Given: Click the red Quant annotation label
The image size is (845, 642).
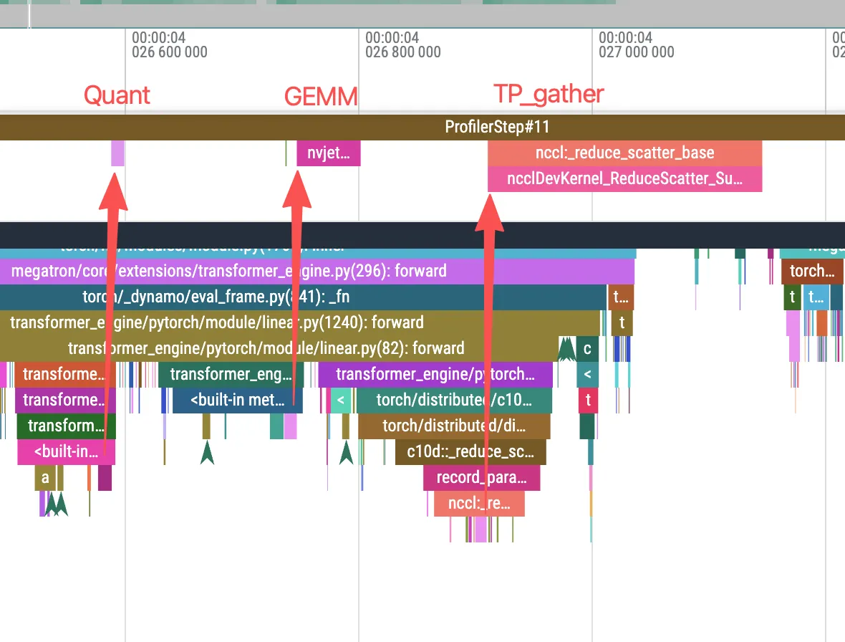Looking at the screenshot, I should coord(117,95).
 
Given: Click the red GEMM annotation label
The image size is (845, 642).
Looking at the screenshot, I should coord(320,97).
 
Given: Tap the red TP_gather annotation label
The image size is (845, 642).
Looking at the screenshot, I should coord(549,94).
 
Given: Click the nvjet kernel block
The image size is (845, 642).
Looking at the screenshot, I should coord(329,153).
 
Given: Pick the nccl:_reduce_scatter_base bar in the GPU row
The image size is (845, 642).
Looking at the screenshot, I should coord(624,153).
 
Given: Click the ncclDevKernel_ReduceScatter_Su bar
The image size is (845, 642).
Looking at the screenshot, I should coord(624,179).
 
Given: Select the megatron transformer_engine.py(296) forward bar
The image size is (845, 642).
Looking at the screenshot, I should coord(229,272).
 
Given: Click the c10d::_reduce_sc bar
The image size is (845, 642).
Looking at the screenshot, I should coord(470,452).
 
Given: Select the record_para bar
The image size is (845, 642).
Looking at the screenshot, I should coord(481,477).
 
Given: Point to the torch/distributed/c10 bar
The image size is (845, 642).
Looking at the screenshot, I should coord(454,401).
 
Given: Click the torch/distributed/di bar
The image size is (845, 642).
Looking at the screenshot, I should coord(454,426).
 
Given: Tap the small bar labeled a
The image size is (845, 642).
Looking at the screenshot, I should coord(45,477).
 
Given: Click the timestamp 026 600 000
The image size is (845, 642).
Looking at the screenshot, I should coord(170,52).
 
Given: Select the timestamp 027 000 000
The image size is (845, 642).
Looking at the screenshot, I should coord(637,52).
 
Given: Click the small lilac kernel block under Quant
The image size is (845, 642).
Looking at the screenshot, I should coord(117,153).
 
